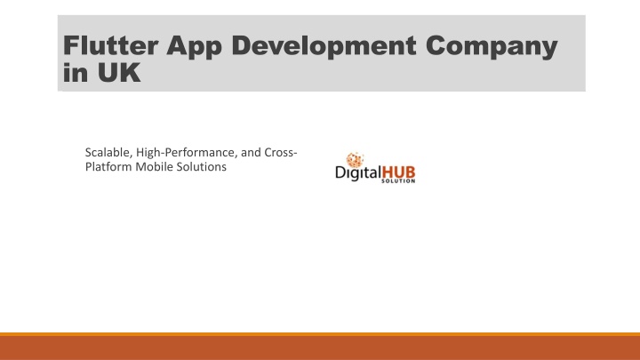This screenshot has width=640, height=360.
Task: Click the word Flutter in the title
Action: click(110, 45)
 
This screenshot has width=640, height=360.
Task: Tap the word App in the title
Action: click(194, 47)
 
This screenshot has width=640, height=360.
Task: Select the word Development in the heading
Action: click(324, 46)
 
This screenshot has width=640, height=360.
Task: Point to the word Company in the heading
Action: click(492, 47)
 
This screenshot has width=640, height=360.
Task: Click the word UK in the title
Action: click(119, 73)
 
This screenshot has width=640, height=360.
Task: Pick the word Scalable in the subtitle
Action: click(108, 153)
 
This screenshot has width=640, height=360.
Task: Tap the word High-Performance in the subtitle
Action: click(187, 153)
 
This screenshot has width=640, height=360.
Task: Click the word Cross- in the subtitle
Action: click(281, 152)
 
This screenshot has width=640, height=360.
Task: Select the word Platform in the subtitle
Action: click(108, 166)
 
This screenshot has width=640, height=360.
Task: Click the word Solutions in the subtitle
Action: click(201, 166)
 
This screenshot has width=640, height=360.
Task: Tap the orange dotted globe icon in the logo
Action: click(355, 160)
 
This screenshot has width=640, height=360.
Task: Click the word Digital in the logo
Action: click(358, 173)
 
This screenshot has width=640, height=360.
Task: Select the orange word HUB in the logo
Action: click(398, 172)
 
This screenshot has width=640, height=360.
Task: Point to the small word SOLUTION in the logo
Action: click(398, 180)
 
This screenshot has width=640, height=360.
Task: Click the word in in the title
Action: click(76, 73)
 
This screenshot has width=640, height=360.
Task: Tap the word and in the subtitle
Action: click(251, 153)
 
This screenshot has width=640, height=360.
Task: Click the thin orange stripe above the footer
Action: click(320, 334)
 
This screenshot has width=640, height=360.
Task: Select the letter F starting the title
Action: click(71, 45)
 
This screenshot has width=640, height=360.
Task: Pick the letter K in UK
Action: click(130, 73)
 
